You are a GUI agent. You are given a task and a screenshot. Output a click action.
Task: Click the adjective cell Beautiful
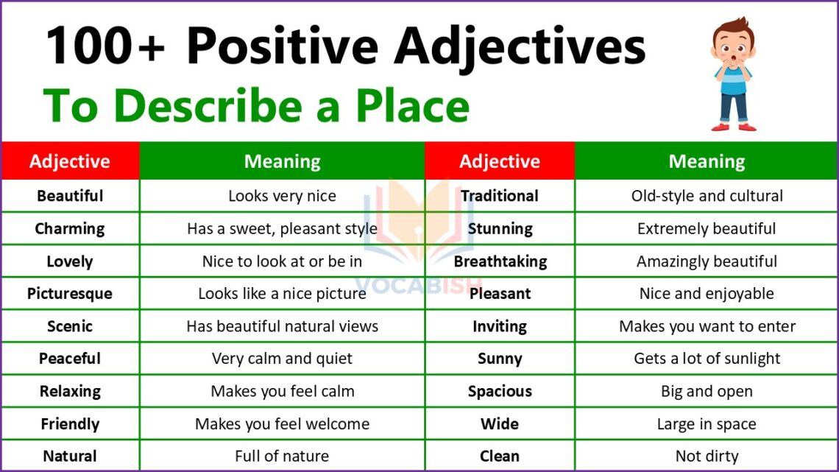(70, 196)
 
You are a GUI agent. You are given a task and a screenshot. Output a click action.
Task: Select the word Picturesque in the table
(70, 294)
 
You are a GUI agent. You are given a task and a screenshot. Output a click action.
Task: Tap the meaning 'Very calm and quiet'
(282, 359)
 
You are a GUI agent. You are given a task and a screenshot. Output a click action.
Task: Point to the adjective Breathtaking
(500, 261)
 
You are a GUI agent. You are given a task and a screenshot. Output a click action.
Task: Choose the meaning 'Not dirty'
(707, 457)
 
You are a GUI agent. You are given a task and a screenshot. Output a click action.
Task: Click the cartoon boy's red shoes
(734, 127)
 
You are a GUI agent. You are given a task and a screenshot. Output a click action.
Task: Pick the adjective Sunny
(500, 359)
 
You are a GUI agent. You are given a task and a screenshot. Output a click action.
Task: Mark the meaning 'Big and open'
(707, 391)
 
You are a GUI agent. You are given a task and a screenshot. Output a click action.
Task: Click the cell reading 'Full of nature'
(282, 457)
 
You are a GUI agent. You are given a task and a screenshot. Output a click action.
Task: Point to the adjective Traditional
(500, 196)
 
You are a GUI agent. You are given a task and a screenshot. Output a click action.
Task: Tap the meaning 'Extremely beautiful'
(707, 228)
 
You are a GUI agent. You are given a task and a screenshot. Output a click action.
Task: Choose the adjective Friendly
(70, 424)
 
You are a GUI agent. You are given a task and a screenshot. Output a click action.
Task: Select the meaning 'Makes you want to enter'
(707, 326)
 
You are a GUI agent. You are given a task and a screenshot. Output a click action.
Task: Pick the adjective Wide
(500, 424)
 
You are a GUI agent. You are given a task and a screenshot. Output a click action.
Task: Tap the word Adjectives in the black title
(519, 46)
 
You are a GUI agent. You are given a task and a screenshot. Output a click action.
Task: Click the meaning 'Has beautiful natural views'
(282, 326)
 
